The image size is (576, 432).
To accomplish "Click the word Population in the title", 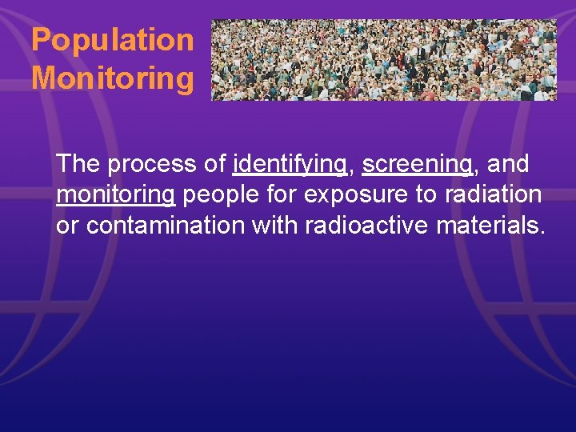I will coord(113,40).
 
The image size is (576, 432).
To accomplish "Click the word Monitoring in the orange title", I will coord(113,78).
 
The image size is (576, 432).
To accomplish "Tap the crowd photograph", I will coord(383,60).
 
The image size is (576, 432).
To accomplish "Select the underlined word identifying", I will coord(290,164).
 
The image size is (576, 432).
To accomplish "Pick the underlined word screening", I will coord(417,164).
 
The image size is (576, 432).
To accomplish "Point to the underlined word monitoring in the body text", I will coord(115,195).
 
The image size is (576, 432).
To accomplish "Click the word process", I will coord(154,165).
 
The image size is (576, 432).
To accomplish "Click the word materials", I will coord(490,226).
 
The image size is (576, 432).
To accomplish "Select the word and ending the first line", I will coord(508,164).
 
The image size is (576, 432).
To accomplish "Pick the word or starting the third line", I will coord(67,226).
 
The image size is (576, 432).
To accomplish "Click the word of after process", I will coord(214,164).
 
